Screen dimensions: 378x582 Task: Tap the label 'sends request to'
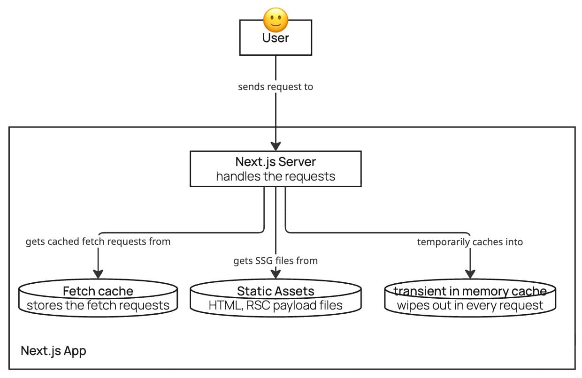(x=276, y=87)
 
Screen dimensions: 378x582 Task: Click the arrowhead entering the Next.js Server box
(x=276, y=145)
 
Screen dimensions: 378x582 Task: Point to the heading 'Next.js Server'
(x=276, y=162)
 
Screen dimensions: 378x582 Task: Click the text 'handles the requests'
(x=276, y=176)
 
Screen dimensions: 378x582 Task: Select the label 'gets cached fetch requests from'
(x=98, y=242)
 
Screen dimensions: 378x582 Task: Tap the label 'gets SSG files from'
(x=276, y=261)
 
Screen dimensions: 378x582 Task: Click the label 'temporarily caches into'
(x=470, y=242)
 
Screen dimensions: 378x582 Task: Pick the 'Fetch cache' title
(x=98, y=291)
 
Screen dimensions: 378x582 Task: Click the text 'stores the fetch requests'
(x=98, y=306)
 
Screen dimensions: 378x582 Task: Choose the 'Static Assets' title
(x=276, y=291)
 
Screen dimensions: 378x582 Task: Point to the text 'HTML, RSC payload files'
(x=276, y=306)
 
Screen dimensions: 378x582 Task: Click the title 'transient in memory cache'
(x=470, y=291)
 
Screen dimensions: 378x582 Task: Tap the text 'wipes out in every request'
(x=470, y=306)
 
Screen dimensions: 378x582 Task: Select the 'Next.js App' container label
(x=54, y=351)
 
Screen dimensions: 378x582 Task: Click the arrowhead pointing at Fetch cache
(x=98, y=274)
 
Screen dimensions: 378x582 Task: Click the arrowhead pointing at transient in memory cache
(x=470, y=274)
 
